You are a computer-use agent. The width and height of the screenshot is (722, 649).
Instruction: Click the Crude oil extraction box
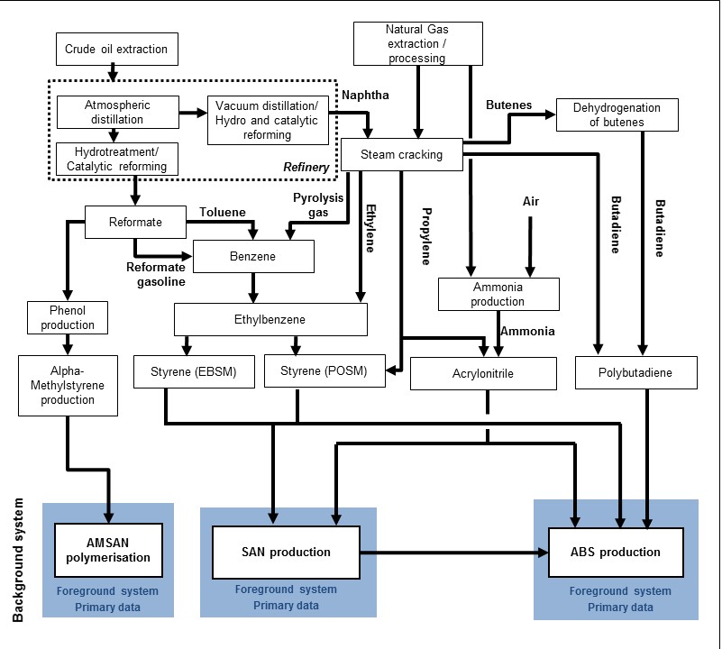116,48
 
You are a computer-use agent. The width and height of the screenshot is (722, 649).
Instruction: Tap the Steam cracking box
402,154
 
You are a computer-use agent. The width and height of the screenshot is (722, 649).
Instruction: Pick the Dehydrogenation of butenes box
617,114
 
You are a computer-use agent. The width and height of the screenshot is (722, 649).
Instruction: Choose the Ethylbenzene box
271,319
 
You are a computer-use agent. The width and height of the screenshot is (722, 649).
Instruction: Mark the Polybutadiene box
635,371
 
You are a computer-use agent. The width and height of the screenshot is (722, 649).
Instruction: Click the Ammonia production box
498,294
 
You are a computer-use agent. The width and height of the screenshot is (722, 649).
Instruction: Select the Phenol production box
68,316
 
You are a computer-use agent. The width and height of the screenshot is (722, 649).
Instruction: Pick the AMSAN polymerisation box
108,550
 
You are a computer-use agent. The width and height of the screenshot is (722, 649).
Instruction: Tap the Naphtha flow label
363,95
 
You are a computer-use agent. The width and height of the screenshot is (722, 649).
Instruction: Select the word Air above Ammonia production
531,201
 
